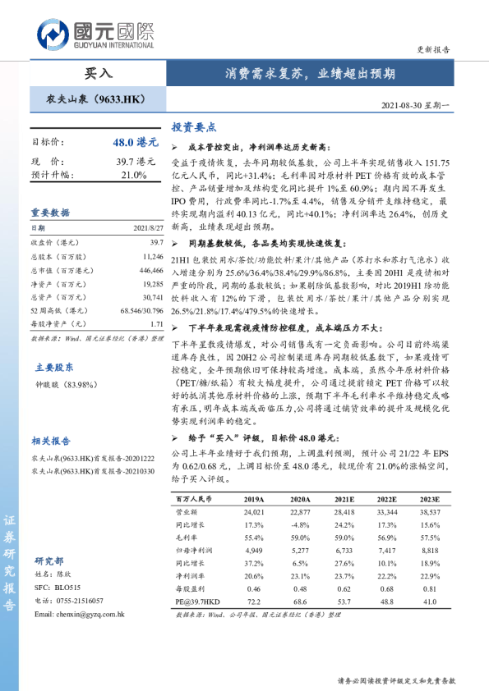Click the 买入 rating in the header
98,73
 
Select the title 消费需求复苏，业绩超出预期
310,73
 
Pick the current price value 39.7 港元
136,162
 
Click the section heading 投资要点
193,127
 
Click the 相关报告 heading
51,440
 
